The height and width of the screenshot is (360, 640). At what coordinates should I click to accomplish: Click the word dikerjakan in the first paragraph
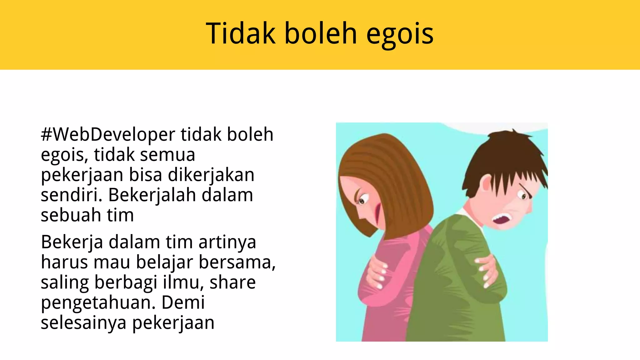click(211, 175)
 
